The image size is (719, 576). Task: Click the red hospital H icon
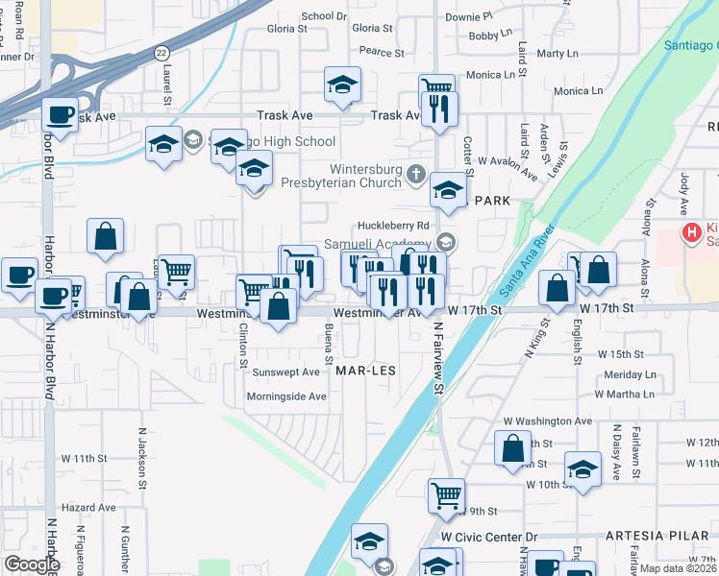pos(690,231)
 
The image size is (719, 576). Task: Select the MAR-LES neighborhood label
pos(366,369)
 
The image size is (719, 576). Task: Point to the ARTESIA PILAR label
pos(648,534)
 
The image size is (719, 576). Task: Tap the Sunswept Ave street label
pos(285,372)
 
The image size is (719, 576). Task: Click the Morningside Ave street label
pos(287,396)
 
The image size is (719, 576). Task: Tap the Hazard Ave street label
pos(87,506)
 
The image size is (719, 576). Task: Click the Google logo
pos(32,564)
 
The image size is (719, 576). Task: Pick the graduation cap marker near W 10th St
pos(583,468)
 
